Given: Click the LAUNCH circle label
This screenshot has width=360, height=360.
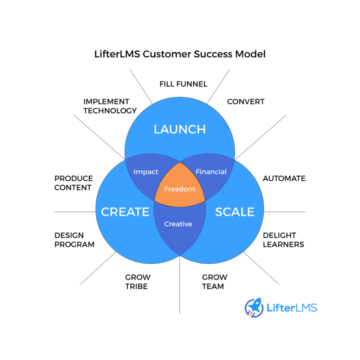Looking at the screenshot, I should click(x=180, y=129).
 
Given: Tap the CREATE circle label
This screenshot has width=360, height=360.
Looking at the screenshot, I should click(x=125, y=212).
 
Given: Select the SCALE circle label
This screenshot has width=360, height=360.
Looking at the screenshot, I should click(x=234, y=212).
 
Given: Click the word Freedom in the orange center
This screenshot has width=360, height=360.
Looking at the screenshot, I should click(x=180, y=189).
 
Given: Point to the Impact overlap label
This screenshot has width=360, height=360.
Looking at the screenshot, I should click(x=146, y=172).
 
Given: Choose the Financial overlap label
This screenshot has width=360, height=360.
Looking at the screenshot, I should click(x=211, y=172).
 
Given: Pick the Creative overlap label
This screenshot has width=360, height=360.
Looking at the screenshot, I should click(x=178, y=224).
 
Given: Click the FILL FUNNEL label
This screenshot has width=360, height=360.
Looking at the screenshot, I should click(x=183, y=84).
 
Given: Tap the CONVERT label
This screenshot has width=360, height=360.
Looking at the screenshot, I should click(x=246, y=102).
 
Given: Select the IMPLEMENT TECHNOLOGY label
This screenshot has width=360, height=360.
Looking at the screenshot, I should click(x=110, y=106).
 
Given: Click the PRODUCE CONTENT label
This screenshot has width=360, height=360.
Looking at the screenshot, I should click(x=73, y=183).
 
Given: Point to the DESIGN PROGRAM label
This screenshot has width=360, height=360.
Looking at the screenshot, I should click(x=75, y=240).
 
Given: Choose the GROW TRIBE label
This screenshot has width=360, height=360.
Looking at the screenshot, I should click(x=137, y=282).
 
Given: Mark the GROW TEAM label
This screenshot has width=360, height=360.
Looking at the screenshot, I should click(x=214, y=282).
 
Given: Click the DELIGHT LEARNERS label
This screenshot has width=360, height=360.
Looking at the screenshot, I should click(x=283, y=240).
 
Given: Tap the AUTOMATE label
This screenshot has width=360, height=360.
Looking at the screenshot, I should click(x=284, y=179).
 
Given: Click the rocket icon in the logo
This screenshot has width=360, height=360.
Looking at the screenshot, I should click(x=254, y=307).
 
